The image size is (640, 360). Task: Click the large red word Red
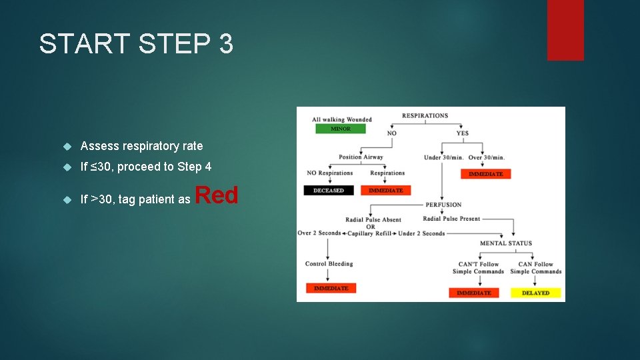(x=216, y=195)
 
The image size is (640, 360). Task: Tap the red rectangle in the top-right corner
(x=565, y=30)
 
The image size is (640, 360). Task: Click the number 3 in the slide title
(x=225, y=44)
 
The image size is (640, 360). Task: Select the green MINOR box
(x=340, y=129)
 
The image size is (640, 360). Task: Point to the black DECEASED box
(x=329, y=190)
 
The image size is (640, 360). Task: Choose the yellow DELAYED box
(x=535, y=293)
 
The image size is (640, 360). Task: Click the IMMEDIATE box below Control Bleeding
(x=331, y=288)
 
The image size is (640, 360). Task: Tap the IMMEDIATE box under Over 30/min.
(x=486, y=174)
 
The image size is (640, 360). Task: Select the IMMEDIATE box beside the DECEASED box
(x=385, y=190)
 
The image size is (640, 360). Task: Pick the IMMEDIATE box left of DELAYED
(x=473, y=293)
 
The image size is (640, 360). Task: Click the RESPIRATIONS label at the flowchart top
(x=425, y=115)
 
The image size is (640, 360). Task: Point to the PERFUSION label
(x=443, y=205)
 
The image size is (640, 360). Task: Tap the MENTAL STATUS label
(x=506, y=243)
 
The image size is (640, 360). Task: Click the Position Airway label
(x=361, y=157)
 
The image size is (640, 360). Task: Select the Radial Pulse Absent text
(x=373, y=219)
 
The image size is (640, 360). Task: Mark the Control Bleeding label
(x=329, y=264)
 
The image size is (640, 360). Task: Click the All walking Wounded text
(x=341, y=120)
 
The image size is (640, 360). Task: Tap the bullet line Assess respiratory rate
(x=141, y=146)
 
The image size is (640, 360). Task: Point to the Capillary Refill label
(x=371, y=233)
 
